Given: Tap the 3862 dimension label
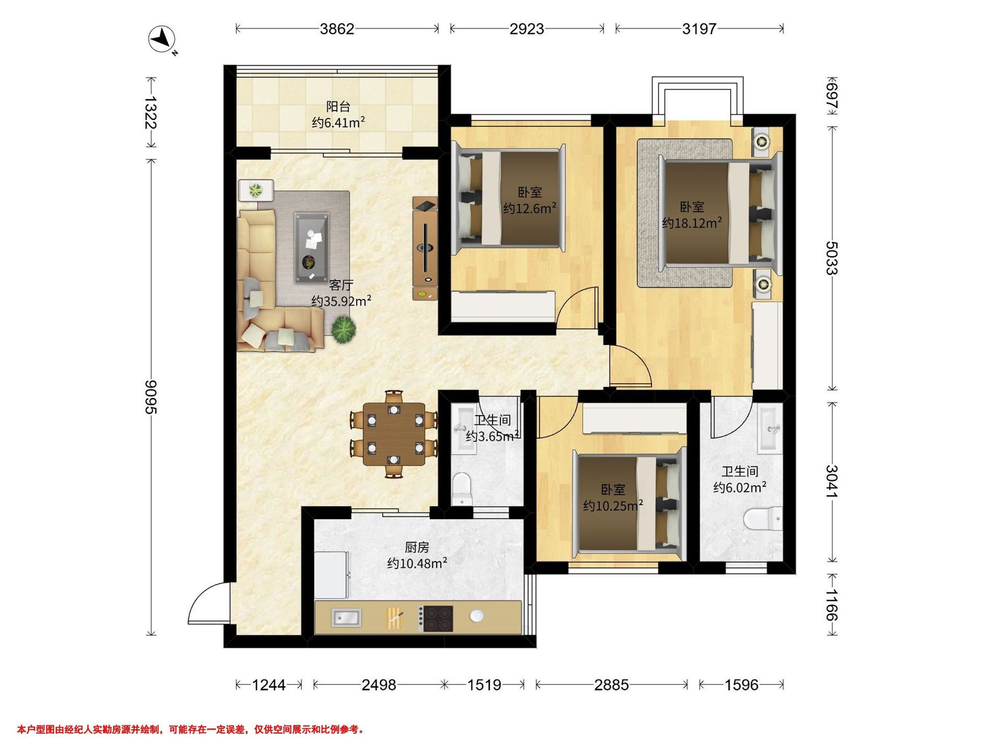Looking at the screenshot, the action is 337,29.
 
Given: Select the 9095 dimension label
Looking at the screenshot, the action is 151,397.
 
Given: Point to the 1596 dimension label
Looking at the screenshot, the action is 741,685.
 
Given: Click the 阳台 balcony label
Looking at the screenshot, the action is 338,107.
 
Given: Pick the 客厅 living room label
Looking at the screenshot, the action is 341,285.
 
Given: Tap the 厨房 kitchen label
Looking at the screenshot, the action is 417,547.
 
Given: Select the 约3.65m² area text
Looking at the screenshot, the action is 492,436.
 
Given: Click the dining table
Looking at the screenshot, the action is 394,434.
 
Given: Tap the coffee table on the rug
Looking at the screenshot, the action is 311,248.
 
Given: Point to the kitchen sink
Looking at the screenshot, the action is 346,617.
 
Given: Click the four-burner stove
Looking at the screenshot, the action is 437,618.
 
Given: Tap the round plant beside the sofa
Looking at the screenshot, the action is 344,330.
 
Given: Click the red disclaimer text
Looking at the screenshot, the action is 190,729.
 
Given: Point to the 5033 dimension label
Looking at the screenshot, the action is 831,258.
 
